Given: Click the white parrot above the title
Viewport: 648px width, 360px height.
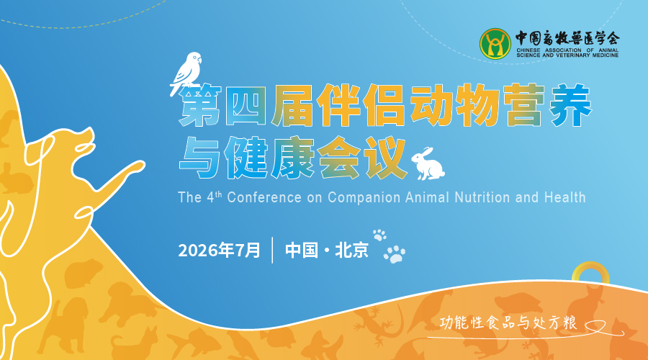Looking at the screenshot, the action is pos(186,73).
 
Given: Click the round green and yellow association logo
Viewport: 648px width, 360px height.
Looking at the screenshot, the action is pos(495,43).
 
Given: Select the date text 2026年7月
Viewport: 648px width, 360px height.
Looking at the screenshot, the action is pos(219,250).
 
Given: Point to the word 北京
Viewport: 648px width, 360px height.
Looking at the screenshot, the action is pos(351,250).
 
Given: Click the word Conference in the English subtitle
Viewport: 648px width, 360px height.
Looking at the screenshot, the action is pos(264,197).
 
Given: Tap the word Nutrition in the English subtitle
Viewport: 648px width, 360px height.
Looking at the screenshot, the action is pos(482,197).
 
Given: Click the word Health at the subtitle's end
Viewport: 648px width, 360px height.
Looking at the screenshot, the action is pos(565,197).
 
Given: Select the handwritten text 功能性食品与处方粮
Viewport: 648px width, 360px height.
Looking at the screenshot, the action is pos(508,323).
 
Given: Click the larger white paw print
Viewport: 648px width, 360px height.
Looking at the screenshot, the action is pos(395,254).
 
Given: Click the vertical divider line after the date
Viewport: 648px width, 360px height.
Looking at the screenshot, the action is pos(272,250).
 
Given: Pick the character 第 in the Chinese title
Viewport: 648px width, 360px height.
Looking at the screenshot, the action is pos(199,106).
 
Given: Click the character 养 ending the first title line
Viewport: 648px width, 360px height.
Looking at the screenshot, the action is pos(571,105).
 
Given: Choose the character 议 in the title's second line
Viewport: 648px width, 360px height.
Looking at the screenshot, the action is pos(385,158).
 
